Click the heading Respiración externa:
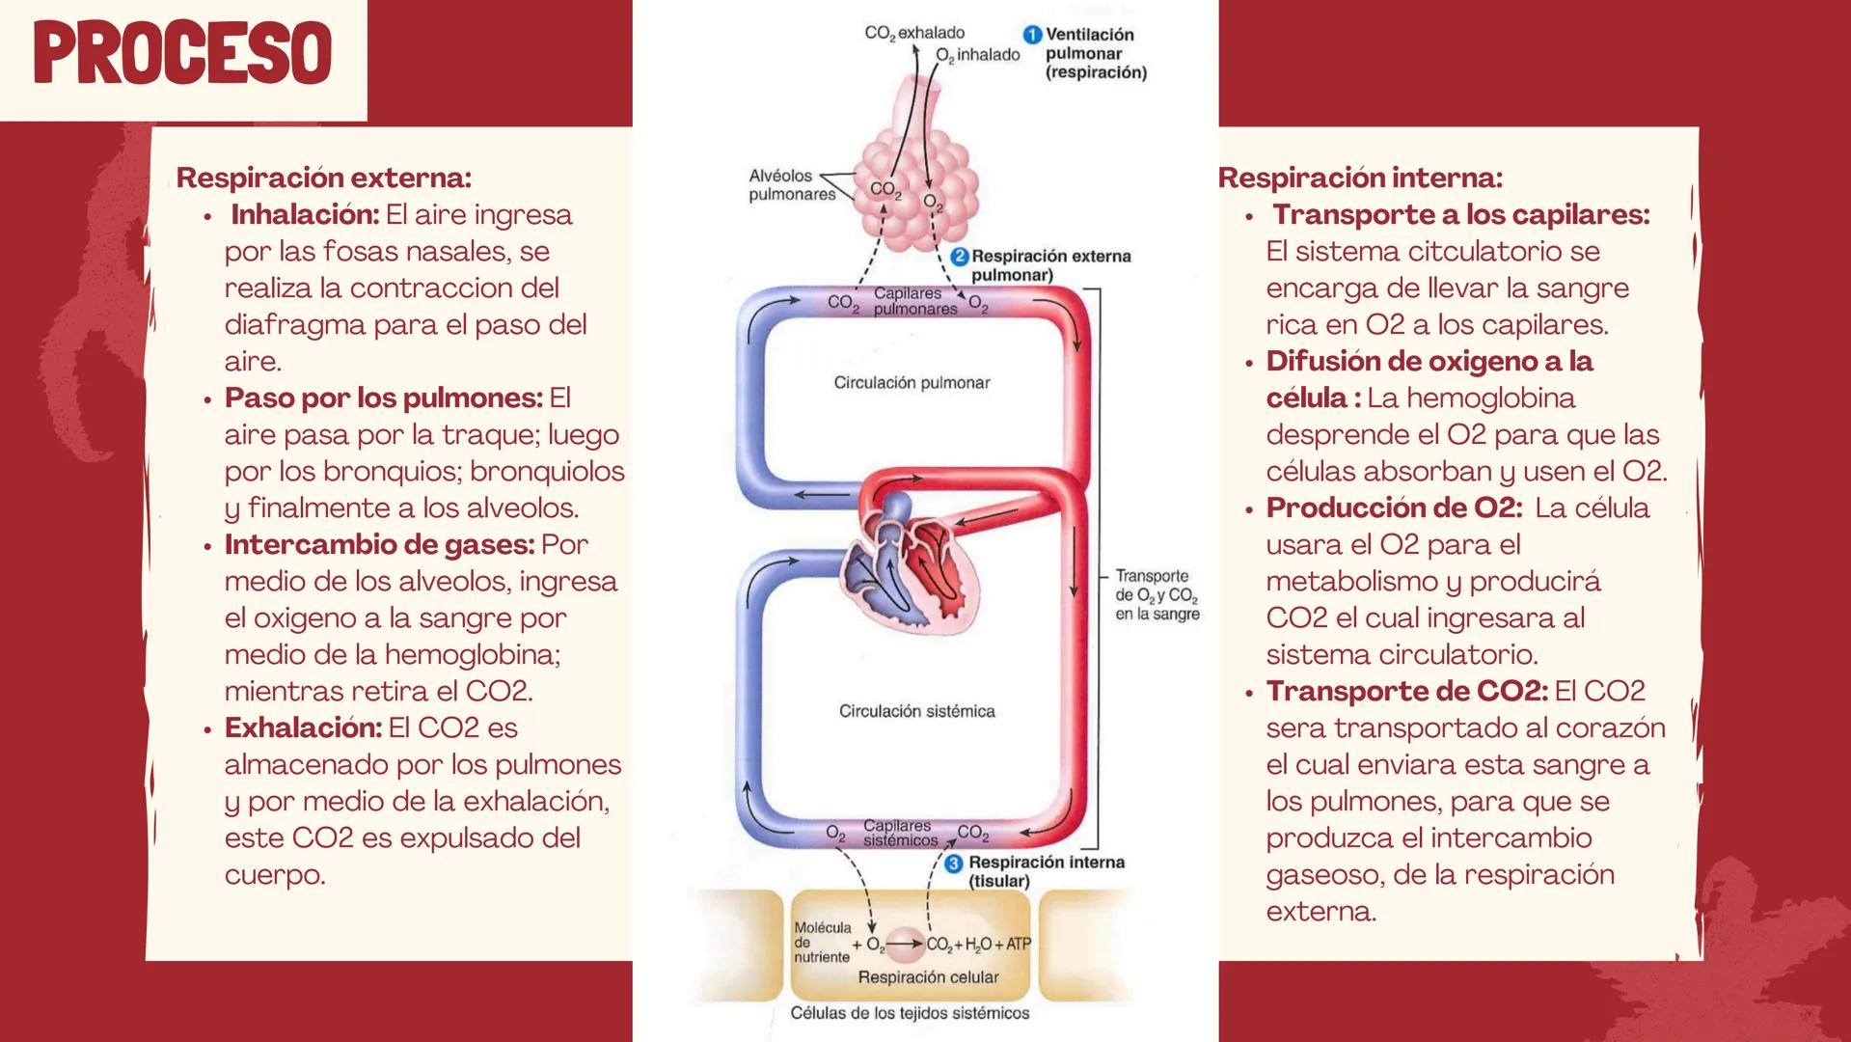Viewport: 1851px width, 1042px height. (x=323, y=178)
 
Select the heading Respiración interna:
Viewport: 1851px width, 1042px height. (x=1359, y=178)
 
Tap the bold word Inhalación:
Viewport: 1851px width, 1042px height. (x=305, y=214)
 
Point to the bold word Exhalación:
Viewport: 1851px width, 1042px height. (x=303, y=727)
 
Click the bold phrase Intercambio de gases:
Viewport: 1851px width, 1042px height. (x=379, y=544)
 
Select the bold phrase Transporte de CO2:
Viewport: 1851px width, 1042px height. (x=1406, y=691)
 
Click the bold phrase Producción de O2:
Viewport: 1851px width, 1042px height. (x=1394, y=507)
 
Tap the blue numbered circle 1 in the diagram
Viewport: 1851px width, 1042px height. (x=1032, y=35)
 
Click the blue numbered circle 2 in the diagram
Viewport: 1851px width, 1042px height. (x=959, y=257)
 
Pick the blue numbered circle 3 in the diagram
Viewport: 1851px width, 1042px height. (x=954, y=864)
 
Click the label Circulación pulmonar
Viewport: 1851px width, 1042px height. (x=912, y=383)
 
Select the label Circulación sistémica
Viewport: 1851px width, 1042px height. (x=916, y=711)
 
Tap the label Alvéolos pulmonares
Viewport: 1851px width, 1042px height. (x=792, y=185)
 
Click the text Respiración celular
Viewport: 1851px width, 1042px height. (x=928, y=977)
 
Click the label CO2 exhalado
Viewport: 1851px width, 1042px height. (x=914, y=33)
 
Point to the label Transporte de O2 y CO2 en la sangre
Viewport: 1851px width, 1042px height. (x=1157, y=594)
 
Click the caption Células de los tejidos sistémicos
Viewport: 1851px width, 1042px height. (x=910, y=1013)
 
